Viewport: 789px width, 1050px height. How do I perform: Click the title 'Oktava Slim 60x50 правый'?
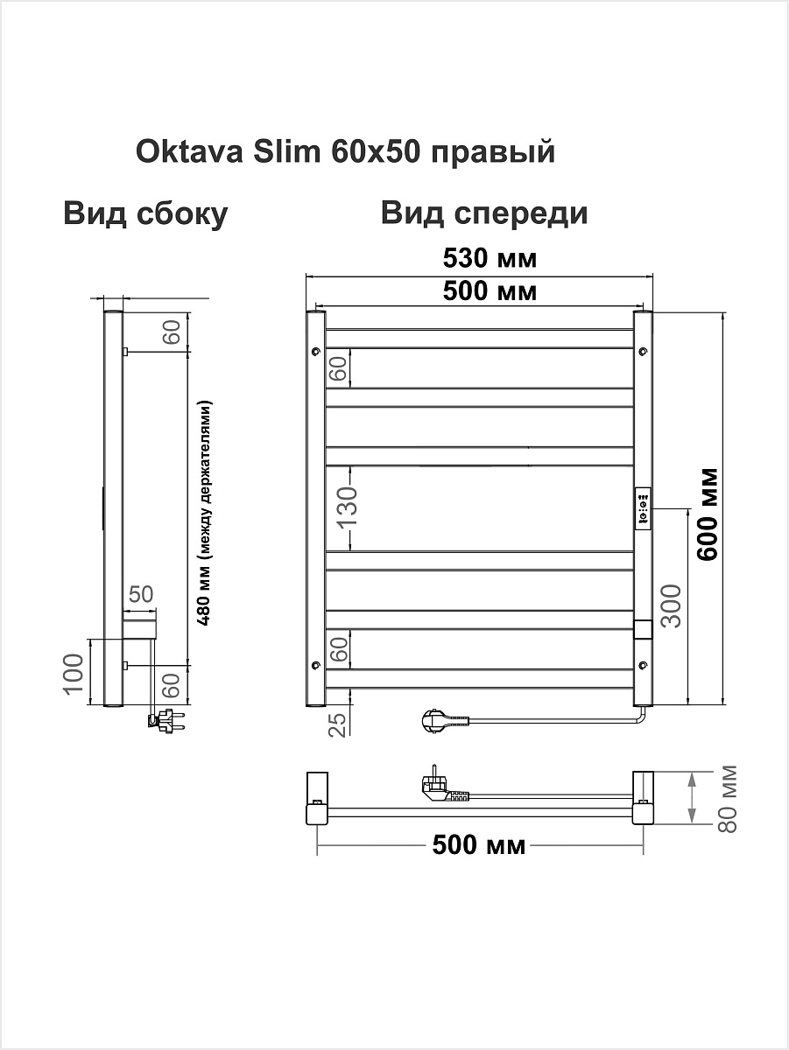[345, 152]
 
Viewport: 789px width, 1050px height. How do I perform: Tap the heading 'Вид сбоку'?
[145, 213]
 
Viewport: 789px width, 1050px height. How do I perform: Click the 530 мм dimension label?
[490, 258]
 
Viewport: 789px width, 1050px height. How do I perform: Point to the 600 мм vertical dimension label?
[708, 514]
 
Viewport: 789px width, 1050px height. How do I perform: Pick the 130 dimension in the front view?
[348, 507]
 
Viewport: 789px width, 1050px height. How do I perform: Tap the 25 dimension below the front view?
[339, 724]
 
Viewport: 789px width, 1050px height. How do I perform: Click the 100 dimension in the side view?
[73, 673]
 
